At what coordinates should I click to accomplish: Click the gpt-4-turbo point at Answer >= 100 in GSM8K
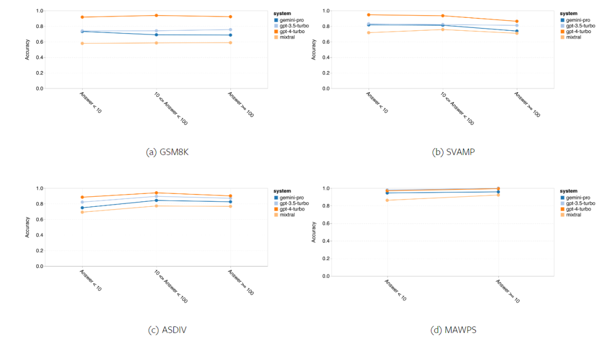(x=230, y=17)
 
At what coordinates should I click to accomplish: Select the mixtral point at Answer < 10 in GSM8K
(x=82, y=44)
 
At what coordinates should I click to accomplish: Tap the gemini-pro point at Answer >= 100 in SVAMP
(x=517, y=31)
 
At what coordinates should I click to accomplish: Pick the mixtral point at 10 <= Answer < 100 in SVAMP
(x=442, y=29)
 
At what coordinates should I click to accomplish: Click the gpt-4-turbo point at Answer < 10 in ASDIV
(x=82, y=197)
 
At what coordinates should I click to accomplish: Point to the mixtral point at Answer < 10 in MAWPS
(x=386, y=200)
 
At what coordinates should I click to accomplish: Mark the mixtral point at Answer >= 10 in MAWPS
(x=498, y=195)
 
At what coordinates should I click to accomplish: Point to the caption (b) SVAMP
(x=453, y=152)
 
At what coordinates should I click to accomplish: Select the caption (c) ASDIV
(x=167, y=330)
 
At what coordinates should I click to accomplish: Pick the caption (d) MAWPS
(x=454, y=330)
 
